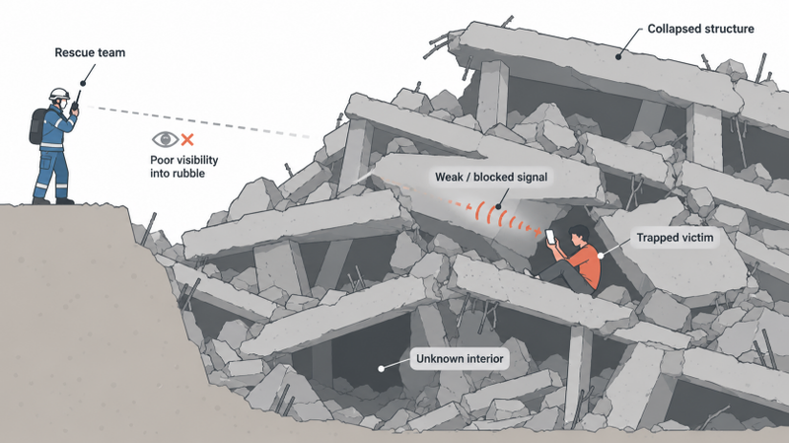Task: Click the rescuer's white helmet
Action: pyautogui.click(x=59, y=94)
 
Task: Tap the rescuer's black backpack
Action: pyautogui.click(x=38, y=125)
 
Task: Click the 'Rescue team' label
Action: pyautogui.click(x=90, y=53)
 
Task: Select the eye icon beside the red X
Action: pyautogui.click(x=165, y=139)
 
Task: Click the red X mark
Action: pyautogui.click(x=187, y=139)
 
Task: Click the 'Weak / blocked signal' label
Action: pyautogui.click(x=491, y=177)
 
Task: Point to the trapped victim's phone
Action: pyautogui.click(x=550, y=236)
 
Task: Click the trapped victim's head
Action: pyautogui.click(x=579, y=235)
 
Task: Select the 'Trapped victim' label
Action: pyautogui.click(x=675, y=238)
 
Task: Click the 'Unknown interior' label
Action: pyautogui.click(x=460, y=359)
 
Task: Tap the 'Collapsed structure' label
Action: pyautogui.click(x=700, y=29)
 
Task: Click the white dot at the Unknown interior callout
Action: pyautogui.click(x=382, y=368)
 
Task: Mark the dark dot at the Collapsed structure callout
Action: pyautogui.click(x=618, y=56)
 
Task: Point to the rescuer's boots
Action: pyautogui.click(x=53, y=201)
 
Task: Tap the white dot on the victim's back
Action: pyautogui.click(x=600, y=256)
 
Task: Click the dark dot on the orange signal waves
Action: pyautogui.click(x=498, y=206)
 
